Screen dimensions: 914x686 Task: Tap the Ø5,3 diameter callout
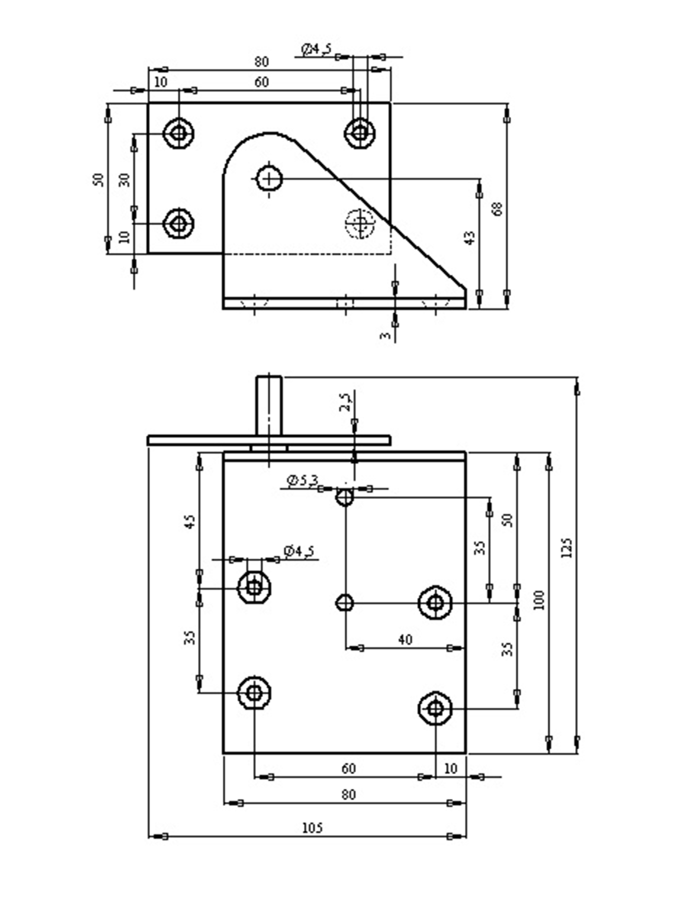(302, 481)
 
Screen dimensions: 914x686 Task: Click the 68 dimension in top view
(497, 209)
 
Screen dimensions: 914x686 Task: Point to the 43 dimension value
(470, 238)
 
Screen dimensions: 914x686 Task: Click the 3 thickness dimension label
(385, 336)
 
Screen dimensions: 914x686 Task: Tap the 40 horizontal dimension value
(405, 639)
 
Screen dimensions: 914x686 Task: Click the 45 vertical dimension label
(190, 521)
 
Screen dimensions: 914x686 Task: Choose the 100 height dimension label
(538, 600)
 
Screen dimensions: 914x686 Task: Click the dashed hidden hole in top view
(361, 223)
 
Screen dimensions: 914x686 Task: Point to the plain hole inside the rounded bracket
(269, 179)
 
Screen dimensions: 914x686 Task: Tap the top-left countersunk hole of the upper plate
(178, 133)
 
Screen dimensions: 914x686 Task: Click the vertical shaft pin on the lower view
(269, 405)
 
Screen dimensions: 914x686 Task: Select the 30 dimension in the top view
(124, 180)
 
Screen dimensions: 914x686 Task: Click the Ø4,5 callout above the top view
(316, 49)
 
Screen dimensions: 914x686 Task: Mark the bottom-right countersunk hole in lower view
(435, 709)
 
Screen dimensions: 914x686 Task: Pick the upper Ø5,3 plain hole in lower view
(345, 497)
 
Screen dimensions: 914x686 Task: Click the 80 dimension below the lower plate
(348, 794)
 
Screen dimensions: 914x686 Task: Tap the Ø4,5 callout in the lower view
(299, 551)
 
